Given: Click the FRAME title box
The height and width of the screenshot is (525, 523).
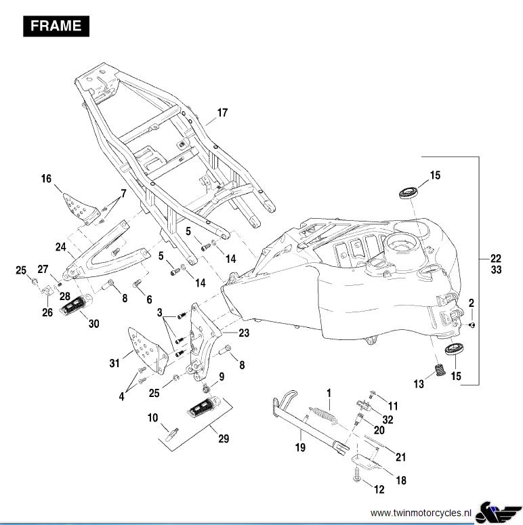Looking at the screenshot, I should pyautogui.click(x=56, y=26).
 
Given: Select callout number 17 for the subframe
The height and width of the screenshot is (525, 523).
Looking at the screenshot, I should pyautogui.click(x=223, y=112).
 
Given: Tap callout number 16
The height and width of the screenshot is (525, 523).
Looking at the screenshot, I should pyautogui.click(x=46, y=179).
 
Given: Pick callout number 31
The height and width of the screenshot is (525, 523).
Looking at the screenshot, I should pyautogui.click(x=115, y=363).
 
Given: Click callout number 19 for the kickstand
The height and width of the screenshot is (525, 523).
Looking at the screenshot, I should pyautogui.click(x=300, y=447).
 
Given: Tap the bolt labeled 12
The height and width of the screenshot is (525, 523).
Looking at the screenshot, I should pyautogui.click(x=356, y=477).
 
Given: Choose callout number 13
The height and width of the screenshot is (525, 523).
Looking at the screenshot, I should pyautogui.click(x=419, y=384).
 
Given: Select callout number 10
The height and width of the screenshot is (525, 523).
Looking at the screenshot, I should pyautogui.click(x=153, y=418).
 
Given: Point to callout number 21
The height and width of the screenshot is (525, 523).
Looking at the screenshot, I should pyautogui.click(x=400, y=456).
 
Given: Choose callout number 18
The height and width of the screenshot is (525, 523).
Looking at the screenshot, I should pyautogui.click(x=401, y=480).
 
